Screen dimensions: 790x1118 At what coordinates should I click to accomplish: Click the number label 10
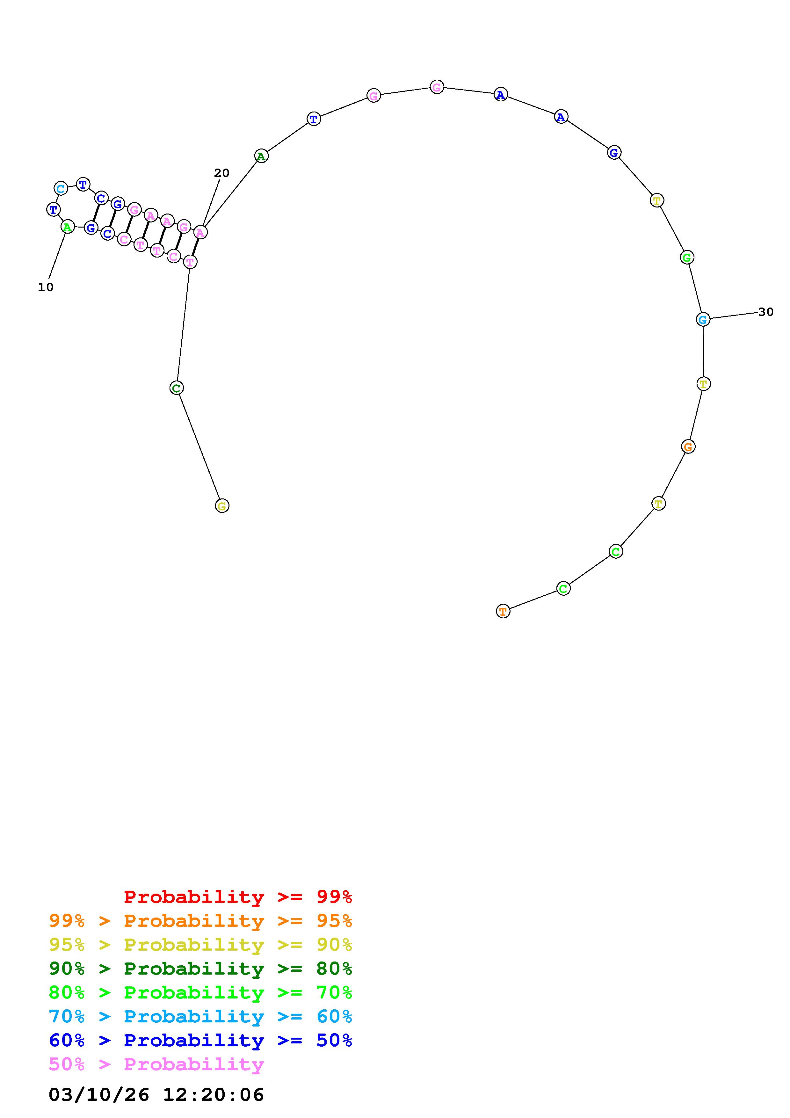pyautogui.click(x=46, y=287)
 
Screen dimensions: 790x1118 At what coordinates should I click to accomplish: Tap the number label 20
pyautogui.click(x=221, y=173)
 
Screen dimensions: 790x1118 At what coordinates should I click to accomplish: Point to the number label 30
pyautogui.click(x=766, y=312)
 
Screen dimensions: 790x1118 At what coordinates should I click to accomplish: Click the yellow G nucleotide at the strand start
pyautogui.click(x=222, y=506)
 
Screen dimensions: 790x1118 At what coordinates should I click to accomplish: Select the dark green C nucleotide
pyautogui.click(x=176, y=388)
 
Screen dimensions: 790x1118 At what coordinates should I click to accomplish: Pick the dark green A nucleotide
pyautogui.click(x=261, y=156)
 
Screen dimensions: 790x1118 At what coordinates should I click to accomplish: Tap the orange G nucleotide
pyautogui.click(x=688, y=446)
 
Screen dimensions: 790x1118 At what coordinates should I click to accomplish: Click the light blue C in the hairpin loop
pyautogui.click(x=60, y=188)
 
